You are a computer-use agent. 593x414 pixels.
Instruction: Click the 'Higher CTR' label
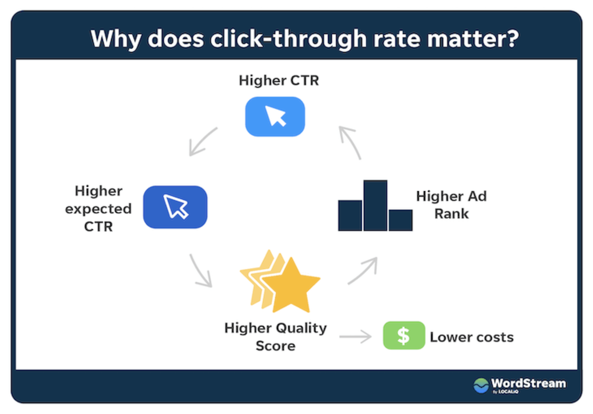tap(279, 81)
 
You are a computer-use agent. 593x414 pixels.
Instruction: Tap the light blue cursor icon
tap(275, 117)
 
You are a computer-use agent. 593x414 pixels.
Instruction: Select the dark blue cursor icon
tap(175, 207)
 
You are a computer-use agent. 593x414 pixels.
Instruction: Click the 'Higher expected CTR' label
tap(98, 209)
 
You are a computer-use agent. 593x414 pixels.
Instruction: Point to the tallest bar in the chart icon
tap(375, 205)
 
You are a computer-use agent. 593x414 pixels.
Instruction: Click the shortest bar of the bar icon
tap(400, 220)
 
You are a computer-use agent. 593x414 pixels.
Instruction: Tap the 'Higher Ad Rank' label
tap(451, 205)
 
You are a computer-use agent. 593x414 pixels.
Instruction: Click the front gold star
tap(291, 286)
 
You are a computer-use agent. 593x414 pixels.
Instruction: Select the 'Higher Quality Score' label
tap(276, 337)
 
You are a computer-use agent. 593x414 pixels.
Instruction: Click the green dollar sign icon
tap(404, 335)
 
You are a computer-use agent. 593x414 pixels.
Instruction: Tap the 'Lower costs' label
tap(472, 337)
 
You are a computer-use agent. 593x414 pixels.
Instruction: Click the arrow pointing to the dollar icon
tap(355, 337)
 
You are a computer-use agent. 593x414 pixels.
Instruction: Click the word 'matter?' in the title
tap(473, 39)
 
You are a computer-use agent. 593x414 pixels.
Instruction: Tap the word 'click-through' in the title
tap(289, 39)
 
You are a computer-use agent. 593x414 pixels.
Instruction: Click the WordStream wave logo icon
tap(481, 385)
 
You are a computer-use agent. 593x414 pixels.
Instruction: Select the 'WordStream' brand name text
tap(529, 383)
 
